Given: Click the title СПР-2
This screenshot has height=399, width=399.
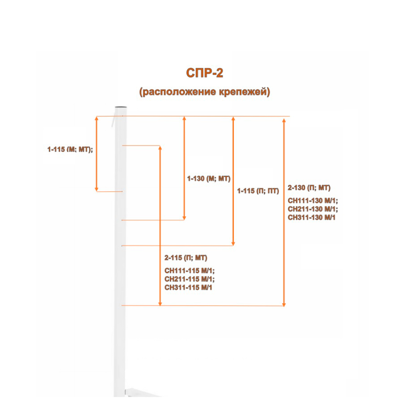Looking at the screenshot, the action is (x=205, y=73).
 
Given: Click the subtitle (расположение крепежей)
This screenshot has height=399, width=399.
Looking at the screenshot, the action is (x=205, y=92).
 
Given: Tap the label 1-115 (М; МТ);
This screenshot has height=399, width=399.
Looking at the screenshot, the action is (x=70, y=149).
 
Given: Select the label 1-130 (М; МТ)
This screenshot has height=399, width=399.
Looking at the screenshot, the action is (x=209, y=179).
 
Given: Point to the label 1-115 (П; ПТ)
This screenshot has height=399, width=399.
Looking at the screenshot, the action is (x=258, y=191).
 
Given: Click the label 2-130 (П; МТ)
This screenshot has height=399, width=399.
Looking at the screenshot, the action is (x=309, y=188).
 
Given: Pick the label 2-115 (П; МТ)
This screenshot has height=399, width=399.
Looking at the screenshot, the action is (x=186, y=258).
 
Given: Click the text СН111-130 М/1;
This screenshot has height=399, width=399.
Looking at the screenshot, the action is (x=313, y=201).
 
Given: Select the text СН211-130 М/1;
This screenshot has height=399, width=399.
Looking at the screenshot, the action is (x=313, y=209).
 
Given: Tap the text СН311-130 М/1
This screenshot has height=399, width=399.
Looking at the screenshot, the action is (x=312, y=217).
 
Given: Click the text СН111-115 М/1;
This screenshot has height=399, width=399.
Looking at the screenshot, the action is (x=189, y=271).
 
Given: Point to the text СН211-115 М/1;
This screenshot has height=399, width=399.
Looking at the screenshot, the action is (x=189, y=279).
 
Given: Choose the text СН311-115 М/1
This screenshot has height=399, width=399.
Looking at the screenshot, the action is (x=188, y=288).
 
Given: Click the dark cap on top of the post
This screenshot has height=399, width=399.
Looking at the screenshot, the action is (x=121, y=107).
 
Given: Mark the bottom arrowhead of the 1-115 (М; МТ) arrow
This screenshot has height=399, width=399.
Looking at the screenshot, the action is (x=97, y=189).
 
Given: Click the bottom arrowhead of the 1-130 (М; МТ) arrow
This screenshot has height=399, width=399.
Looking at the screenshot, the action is (x=184, y=218).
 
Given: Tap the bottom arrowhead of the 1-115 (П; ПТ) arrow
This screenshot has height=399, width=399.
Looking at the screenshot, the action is (x=233, y=243).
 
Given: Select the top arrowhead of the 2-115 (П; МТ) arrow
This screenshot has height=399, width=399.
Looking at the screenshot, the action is (x=160, y=148).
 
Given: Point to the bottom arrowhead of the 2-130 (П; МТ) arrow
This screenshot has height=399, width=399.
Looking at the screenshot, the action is (x=284, y=304).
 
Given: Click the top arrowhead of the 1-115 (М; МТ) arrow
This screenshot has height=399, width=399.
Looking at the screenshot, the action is (x=97, y=119).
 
